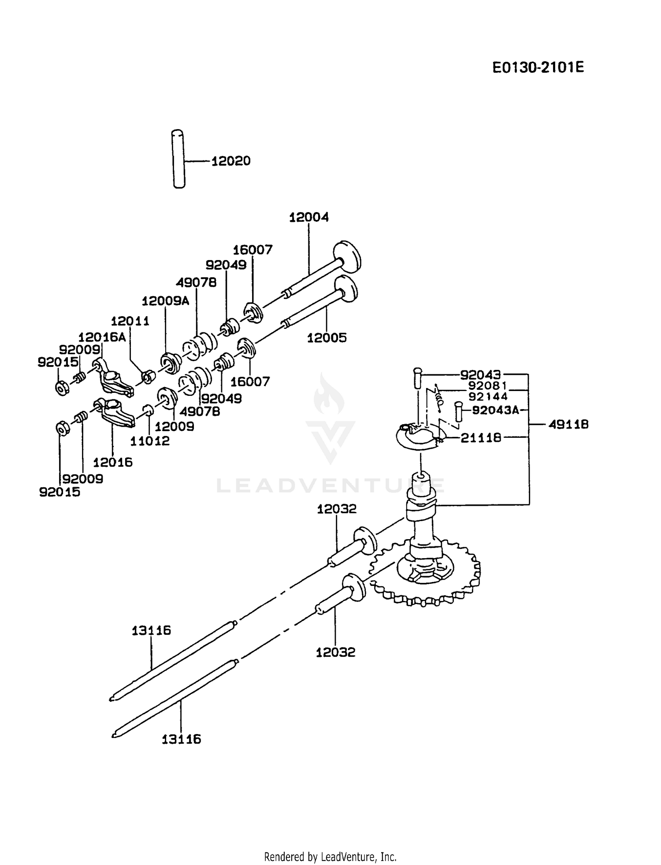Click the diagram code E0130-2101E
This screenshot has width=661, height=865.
click(538, 67)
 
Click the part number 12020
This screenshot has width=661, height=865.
click(231, 161)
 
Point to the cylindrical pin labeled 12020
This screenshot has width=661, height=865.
click(178, 159)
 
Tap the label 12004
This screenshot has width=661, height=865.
click(309, 217)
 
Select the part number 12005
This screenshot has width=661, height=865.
click(327, 338)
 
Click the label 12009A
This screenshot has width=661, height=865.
click(165, 301)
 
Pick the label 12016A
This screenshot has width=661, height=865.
click(102, 337)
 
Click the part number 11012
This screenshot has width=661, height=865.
click(150, 440)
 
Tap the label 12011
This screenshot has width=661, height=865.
click(130, 321)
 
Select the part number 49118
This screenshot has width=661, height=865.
click(569, 425)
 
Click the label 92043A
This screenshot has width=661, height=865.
click(496, 410)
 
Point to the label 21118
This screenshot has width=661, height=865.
click(481, 438)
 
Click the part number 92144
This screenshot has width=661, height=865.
click(488, 396)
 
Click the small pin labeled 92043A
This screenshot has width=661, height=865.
click(459, 411)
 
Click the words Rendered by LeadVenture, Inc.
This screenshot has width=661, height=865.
click(330, 857)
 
